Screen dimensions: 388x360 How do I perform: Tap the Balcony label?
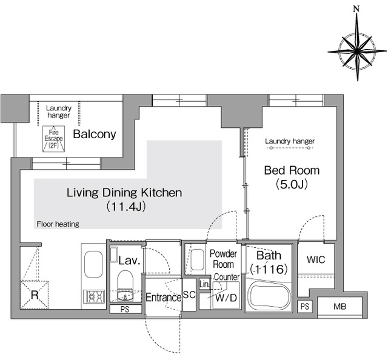click(95, 135)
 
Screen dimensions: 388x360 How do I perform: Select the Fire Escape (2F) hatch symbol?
click(54, 139)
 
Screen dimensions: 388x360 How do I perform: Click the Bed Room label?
click(292, 170)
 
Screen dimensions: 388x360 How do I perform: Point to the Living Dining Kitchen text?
click(124, 193)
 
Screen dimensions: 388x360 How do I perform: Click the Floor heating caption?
click(58, 224)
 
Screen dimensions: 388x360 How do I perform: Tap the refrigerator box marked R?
click(35, 295)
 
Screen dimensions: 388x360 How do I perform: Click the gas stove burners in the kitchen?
click(95, 296)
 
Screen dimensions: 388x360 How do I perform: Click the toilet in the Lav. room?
click(125, 285)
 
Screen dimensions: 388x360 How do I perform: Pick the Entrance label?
click(163, 298)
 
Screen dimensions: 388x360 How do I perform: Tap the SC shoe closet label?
click(189, 295)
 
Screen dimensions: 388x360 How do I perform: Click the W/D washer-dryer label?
click(226, 298)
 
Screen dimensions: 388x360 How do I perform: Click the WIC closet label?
click(316, 260)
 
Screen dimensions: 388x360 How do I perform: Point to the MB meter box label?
click(339, 307)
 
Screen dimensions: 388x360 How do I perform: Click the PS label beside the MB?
click(305, 307)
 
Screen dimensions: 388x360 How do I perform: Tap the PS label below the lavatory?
click(125, 309)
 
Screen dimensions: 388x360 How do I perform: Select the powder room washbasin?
click(198, 260)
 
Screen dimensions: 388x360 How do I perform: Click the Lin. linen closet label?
click(205, 284)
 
